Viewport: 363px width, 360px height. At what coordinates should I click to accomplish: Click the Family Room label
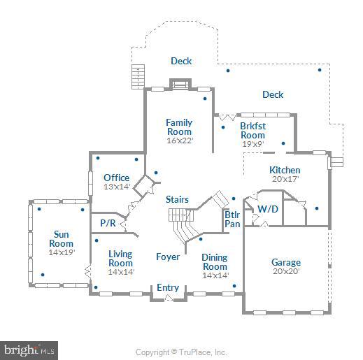[x=179, y=127]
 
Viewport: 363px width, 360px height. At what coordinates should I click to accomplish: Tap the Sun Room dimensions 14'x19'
[x=62, y=252]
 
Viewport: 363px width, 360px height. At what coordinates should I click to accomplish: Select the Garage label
[x=286, y=263]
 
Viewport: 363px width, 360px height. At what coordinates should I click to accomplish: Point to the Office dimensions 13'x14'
[x=116, y=187]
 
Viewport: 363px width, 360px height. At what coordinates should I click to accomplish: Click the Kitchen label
[x=285, y=170]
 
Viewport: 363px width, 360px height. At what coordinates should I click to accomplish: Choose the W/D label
[x=266, y=208]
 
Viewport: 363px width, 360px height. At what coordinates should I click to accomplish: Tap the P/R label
[x=108, y=223]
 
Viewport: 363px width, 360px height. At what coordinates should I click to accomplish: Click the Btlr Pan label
[x=232, y=219]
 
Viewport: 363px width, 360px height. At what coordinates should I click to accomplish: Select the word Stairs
[x=177, y=199]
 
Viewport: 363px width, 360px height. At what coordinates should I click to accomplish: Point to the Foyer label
[x=168, y=257]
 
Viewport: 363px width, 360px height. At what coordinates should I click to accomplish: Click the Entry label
[x=168, y=287]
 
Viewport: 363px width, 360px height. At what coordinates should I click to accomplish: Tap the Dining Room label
[x=215, y=262]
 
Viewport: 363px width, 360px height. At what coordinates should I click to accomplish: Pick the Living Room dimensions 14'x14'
[x=121, y=272]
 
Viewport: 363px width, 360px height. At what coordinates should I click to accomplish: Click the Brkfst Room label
[x=252, y=131]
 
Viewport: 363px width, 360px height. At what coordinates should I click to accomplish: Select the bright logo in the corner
[x=29, y=350]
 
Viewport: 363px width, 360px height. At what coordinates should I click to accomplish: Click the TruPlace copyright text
[x=181, y=352]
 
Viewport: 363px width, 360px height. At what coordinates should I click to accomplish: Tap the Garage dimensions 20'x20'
[x=286, y=272]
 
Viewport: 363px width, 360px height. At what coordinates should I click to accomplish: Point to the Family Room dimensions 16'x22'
[x=179, y=141]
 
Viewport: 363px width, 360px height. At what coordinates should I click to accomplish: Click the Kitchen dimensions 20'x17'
[x=285, y=179]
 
